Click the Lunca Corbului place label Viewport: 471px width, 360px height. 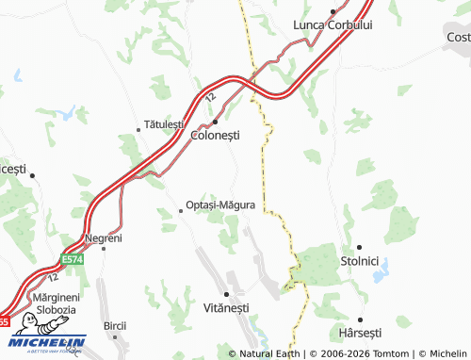tap(333, 25)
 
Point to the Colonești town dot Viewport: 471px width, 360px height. tap(216, 122)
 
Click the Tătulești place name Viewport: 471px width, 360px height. tap(168, 123)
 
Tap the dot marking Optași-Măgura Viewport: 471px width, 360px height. tap(181, 212)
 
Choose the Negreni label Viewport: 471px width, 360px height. tap(103, 237)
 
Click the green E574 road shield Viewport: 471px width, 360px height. tap(73, 258)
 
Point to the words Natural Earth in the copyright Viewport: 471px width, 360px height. tap(271, 353)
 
